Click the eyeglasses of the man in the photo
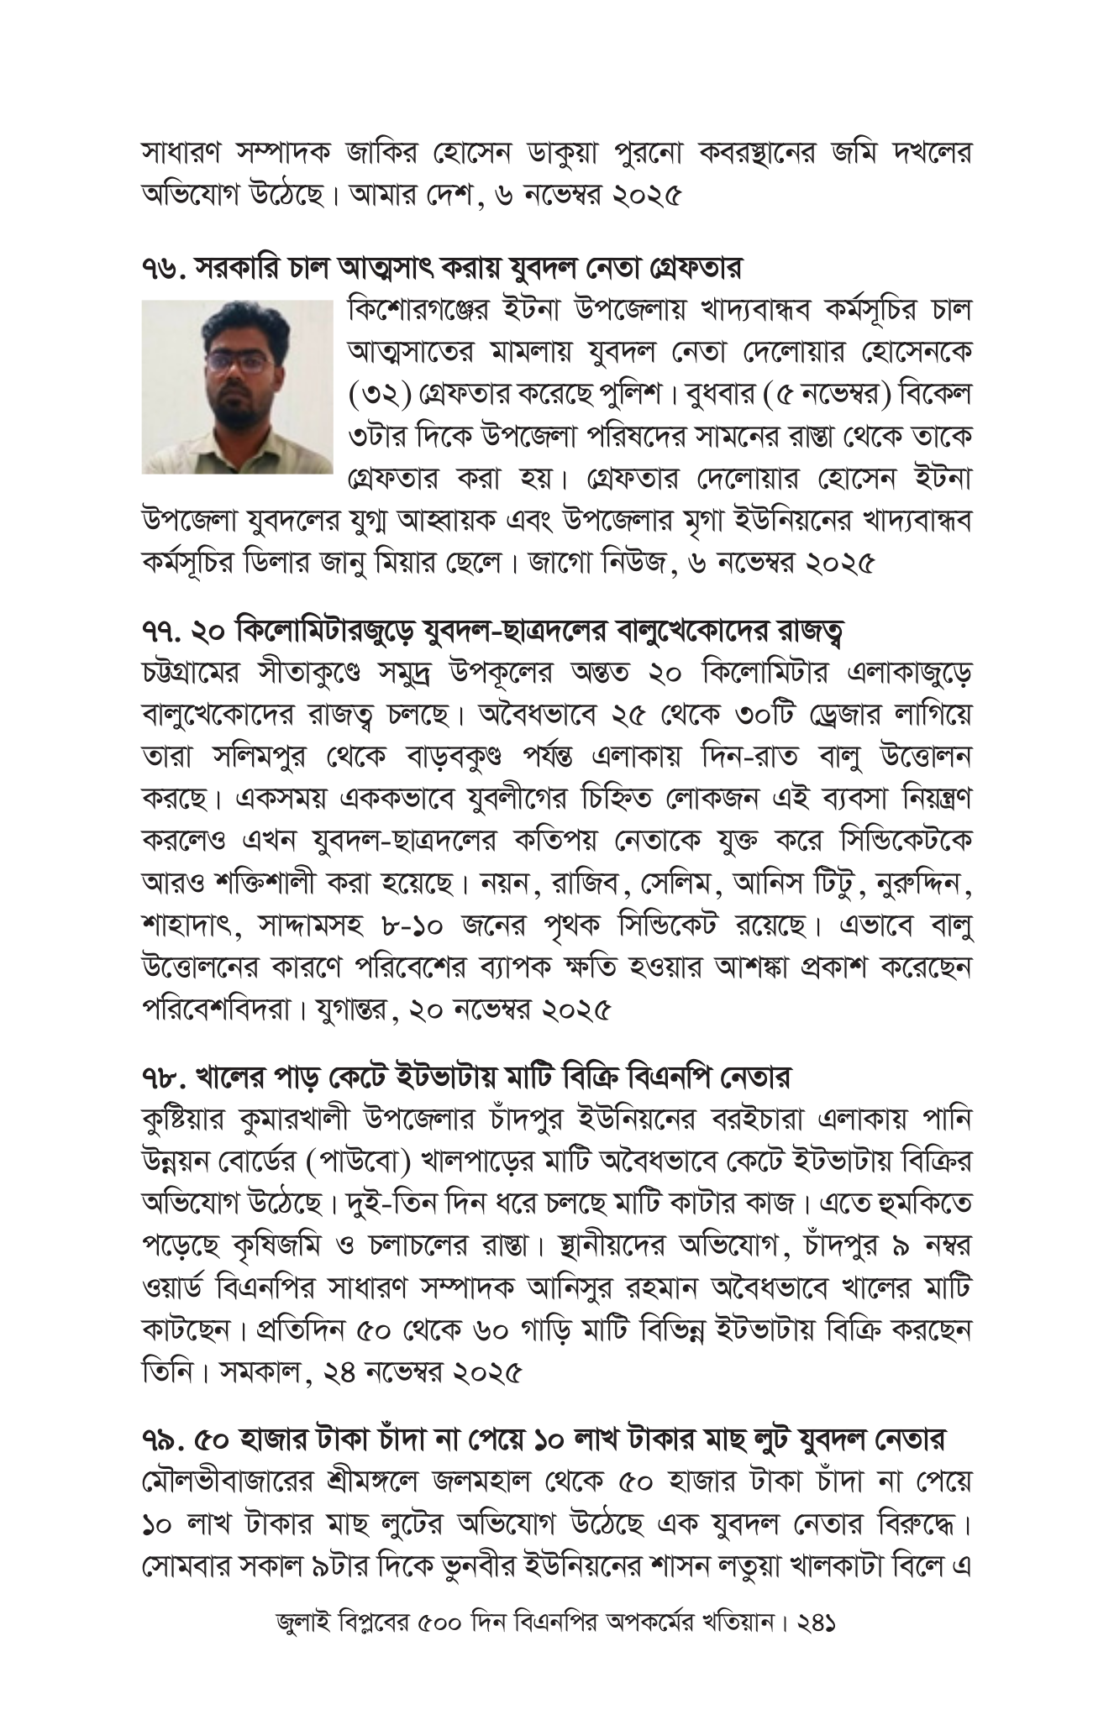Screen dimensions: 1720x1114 pyautogui.click(x=239, y=362)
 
